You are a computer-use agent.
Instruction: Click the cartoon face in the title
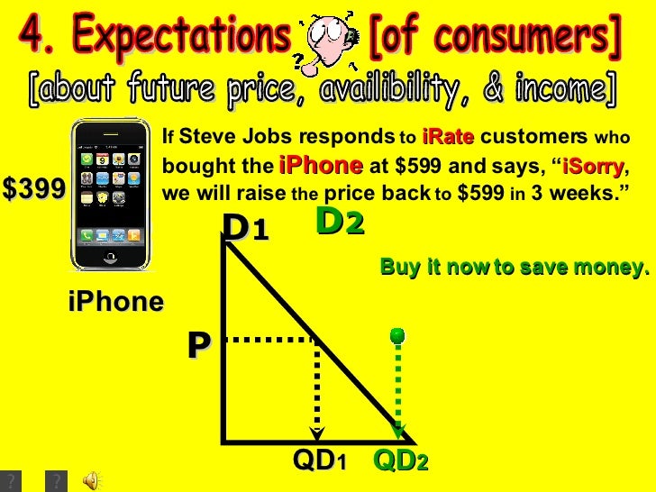tap(323, 42)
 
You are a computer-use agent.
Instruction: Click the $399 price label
tap(33, 188)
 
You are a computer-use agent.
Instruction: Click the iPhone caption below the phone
tap(116, 302)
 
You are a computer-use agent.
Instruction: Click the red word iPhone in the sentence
tap(321, 167)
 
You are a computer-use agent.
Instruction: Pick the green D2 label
tap(340, 222)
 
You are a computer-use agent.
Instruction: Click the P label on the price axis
tap(199, 344)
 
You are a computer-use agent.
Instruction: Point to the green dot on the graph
tap(396, 336)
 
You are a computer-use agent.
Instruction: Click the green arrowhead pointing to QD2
tap(399, 432)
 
